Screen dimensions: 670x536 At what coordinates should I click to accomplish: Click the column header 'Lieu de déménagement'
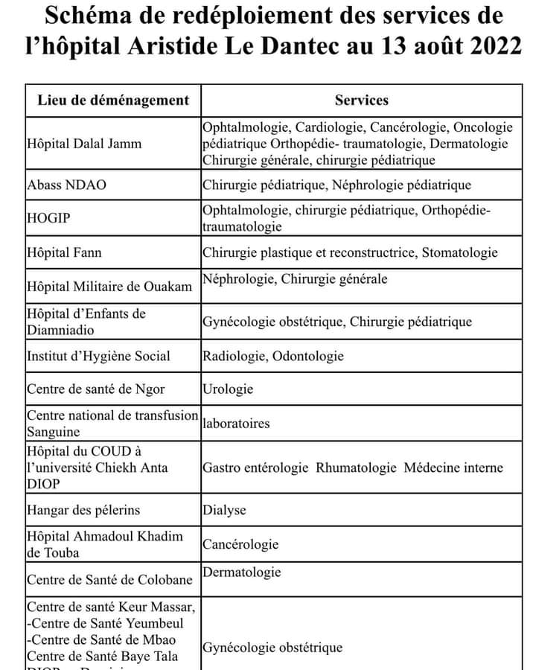113,100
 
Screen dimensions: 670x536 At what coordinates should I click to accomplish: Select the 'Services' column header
361,100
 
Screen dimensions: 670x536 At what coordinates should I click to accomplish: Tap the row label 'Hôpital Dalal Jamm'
84,143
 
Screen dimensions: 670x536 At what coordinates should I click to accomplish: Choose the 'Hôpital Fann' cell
64,253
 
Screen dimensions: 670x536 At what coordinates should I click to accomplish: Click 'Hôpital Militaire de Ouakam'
109,287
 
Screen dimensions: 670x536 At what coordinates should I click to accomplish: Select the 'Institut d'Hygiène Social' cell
98,356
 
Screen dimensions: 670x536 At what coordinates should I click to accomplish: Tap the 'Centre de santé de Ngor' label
95,389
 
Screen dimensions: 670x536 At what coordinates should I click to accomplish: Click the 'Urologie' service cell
228,389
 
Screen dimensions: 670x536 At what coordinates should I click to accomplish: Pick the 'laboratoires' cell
236,424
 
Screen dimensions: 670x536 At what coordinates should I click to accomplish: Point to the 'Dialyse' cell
224,511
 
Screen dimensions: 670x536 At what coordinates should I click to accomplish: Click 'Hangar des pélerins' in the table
83,511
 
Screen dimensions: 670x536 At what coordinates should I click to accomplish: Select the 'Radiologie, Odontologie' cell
273,356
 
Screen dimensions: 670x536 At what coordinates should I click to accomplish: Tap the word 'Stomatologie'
459,253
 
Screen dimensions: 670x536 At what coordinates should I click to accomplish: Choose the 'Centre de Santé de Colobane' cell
109,579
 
